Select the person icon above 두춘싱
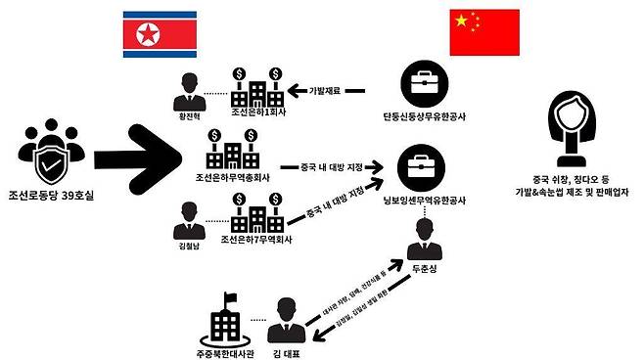click(x=425, y=233)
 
